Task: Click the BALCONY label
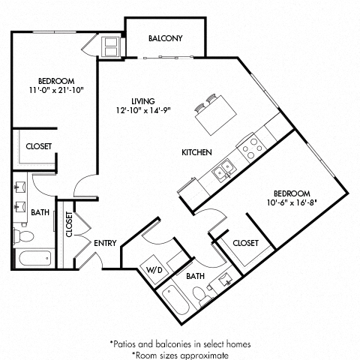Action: click(166, 38)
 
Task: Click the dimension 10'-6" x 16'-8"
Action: click(297, 200)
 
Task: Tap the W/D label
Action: click(153, 268)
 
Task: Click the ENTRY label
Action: click(104, 243)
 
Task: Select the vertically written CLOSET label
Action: click(68, 223)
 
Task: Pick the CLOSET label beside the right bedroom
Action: click(245, 243)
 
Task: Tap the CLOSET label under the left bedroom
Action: click(39, 146)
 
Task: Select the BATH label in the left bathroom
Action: click(40, 212)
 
